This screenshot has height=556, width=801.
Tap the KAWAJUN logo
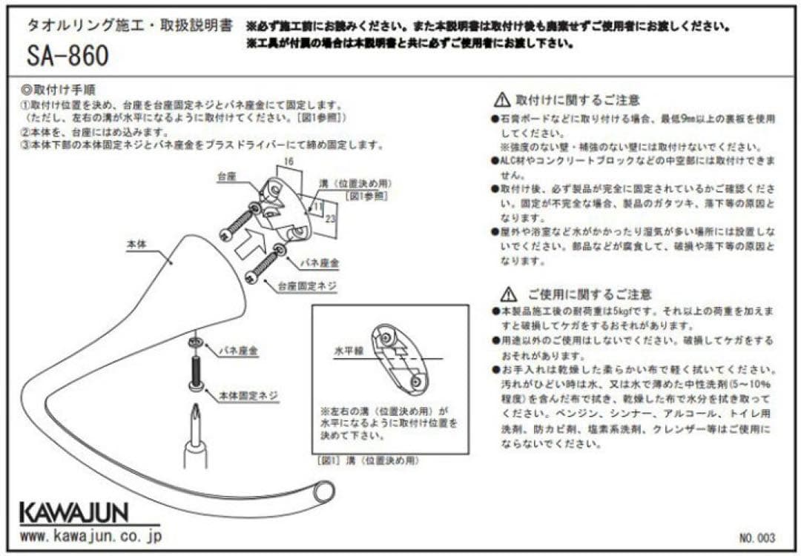pyautogui.click(x=73, y=512)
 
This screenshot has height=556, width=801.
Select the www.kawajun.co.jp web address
pyautogui.click(x=90, y=535)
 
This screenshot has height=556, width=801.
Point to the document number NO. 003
pyautogui.click(x=756, y=537)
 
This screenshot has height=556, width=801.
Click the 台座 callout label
pyautogui.click(x=226, y=179)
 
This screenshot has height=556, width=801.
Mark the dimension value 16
pyautogui.click(x=288, y=160)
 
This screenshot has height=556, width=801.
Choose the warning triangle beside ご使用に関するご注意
pyautogui.click(x=508, y=294)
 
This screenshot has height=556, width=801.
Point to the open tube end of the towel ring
pyautogui.click(x=324, y=491)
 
